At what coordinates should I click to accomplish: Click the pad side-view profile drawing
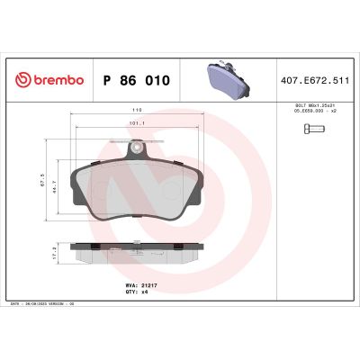point(134,252)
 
